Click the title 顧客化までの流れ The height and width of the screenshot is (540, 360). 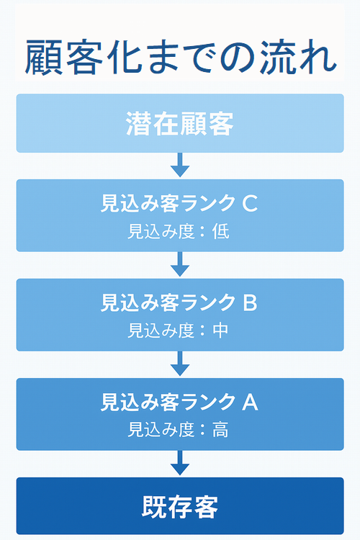[x=181, y=57]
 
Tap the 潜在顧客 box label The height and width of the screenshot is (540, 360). [x=180, y=123]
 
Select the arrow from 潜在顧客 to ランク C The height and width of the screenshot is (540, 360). [x=180, y=165]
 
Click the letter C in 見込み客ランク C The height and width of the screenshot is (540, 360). [x=250, y=203]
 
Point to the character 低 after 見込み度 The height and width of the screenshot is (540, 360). [x=220, y=231]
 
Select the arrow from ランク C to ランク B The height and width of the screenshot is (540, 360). [x=180, y=264]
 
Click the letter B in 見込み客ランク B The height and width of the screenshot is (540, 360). [x=250, y=302]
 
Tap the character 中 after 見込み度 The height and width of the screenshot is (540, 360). [x=220, y=330]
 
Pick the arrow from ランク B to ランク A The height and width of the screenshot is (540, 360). [x=180, y=364]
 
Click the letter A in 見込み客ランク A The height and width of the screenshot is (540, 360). [x=250, y=402]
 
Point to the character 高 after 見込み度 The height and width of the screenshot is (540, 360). [x=220, y=430]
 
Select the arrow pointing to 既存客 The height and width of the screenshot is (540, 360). [x=180, y=463]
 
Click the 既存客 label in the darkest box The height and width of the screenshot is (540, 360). [x=180, y=507]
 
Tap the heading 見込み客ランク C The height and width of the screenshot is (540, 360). [x=179, y=203]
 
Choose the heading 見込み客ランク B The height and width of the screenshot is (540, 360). [x=179, y=302]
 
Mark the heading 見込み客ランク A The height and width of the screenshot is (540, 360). [x=179, y=402]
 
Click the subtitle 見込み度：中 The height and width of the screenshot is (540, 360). [x=178, y=330]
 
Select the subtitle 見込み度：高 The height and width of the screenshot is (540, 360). [x=178, y=430]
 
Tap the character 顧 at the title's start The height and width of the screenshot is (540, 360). [x=44, y=57]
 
